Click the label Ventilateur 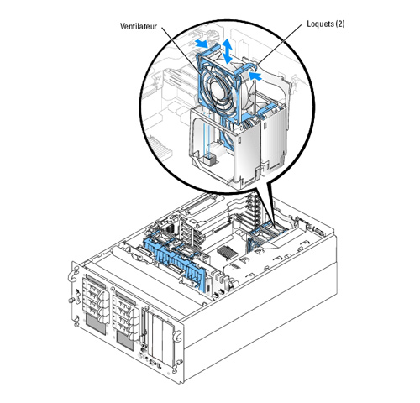point(139,26)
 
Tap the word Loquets point(320,24)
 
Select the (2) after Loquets point(339,24)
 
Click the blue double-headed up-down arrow point(227,51)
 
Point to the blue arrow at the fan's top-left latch point(202,43)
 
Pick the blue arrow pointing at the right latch point(255,76)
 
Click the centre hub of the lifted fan point(218,90)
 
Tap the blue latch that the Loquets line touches point(245,69)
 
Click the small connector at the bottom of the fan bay point(210,160)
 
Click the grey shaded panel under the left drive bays point(96,324)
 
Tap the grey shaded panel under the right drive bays point(125,341)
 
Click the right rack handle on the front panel point(177,335)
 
